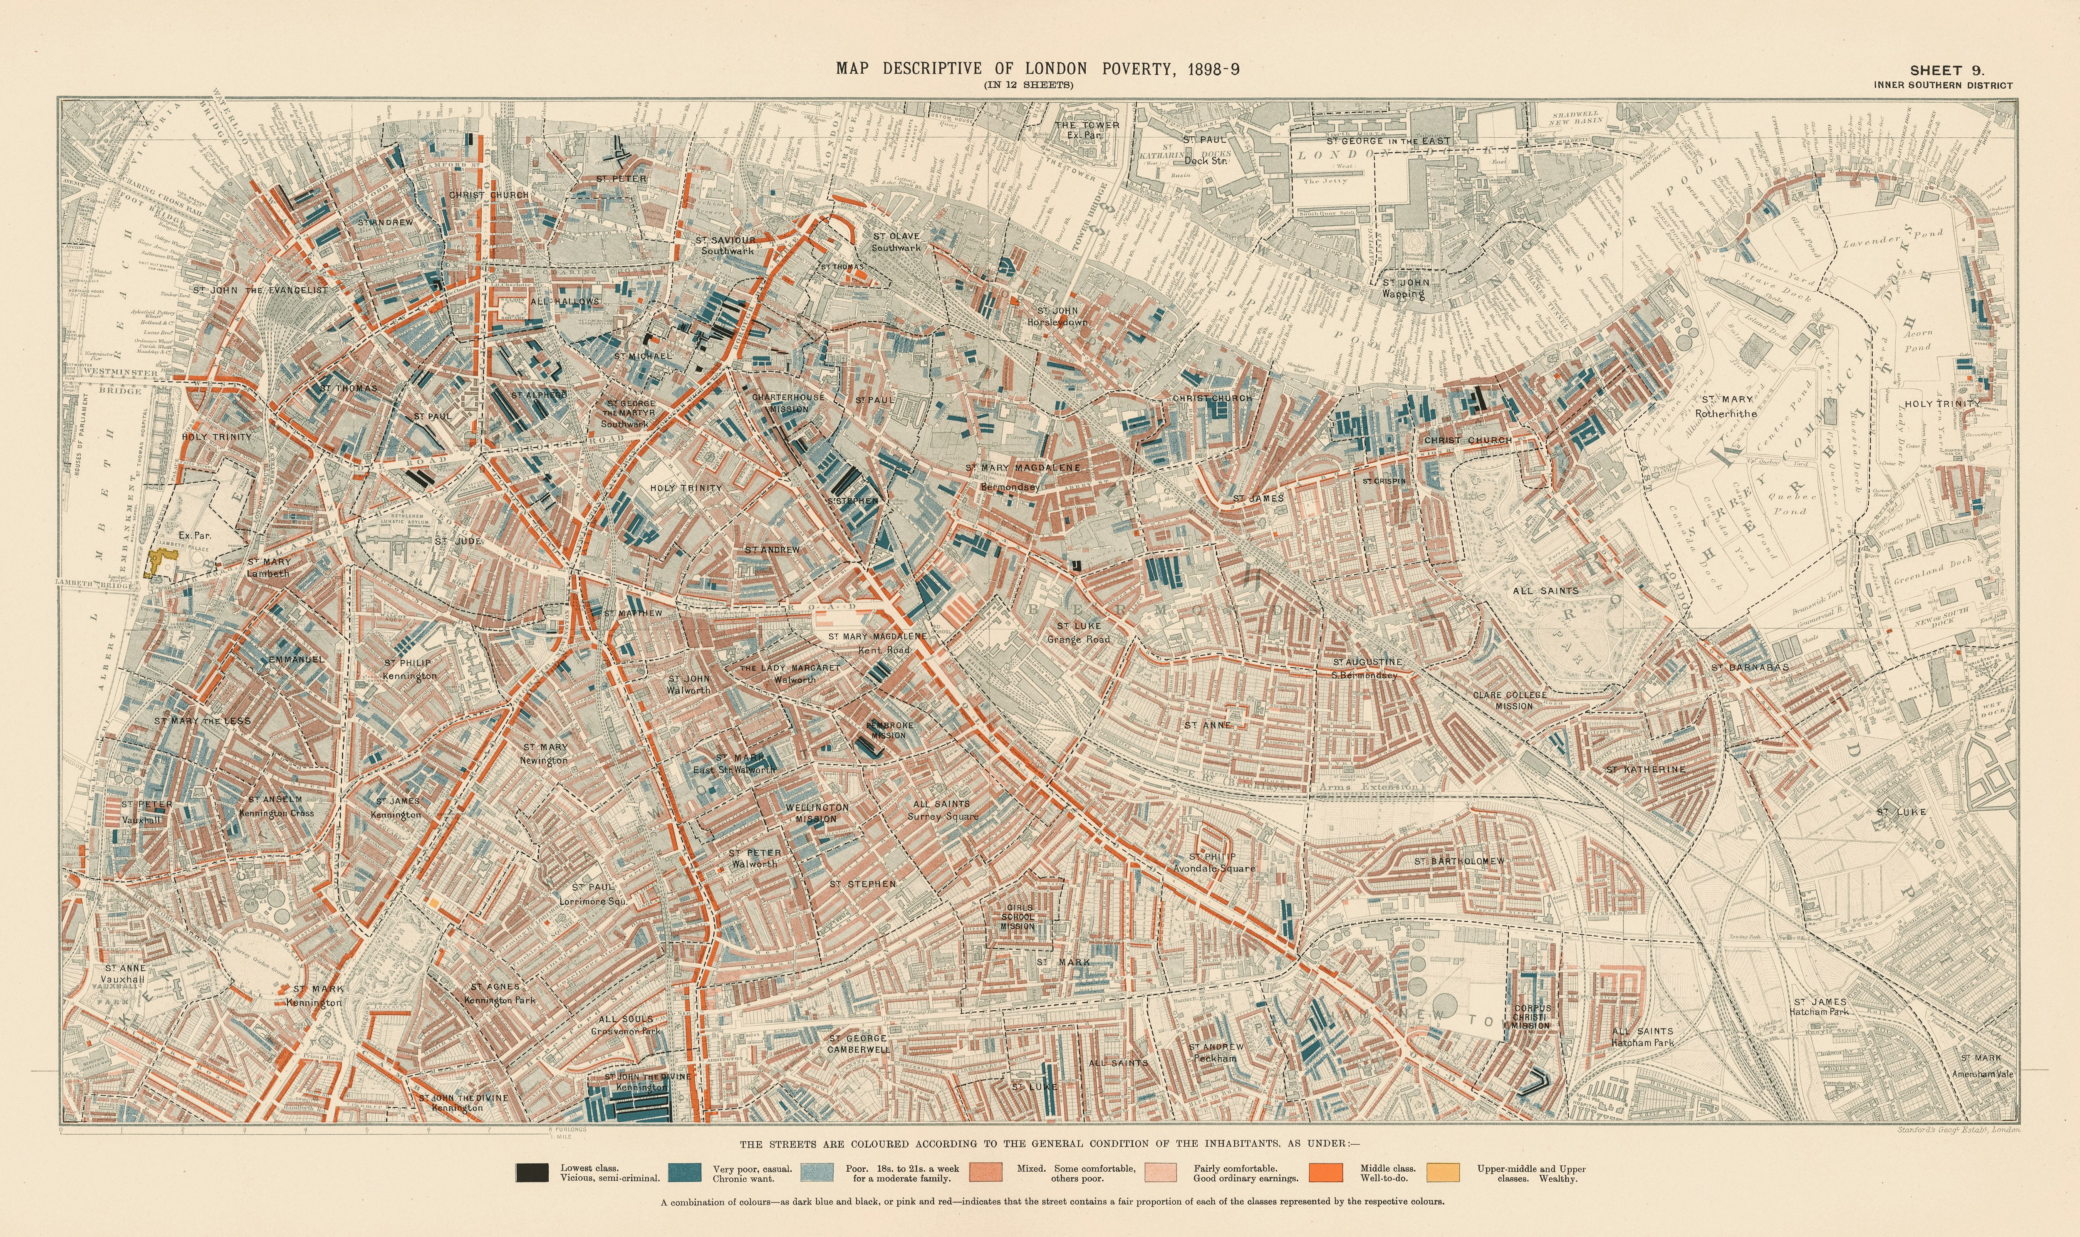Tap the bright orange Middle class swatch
(1325, 1173)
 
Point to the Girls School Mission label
(1018, 917)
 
